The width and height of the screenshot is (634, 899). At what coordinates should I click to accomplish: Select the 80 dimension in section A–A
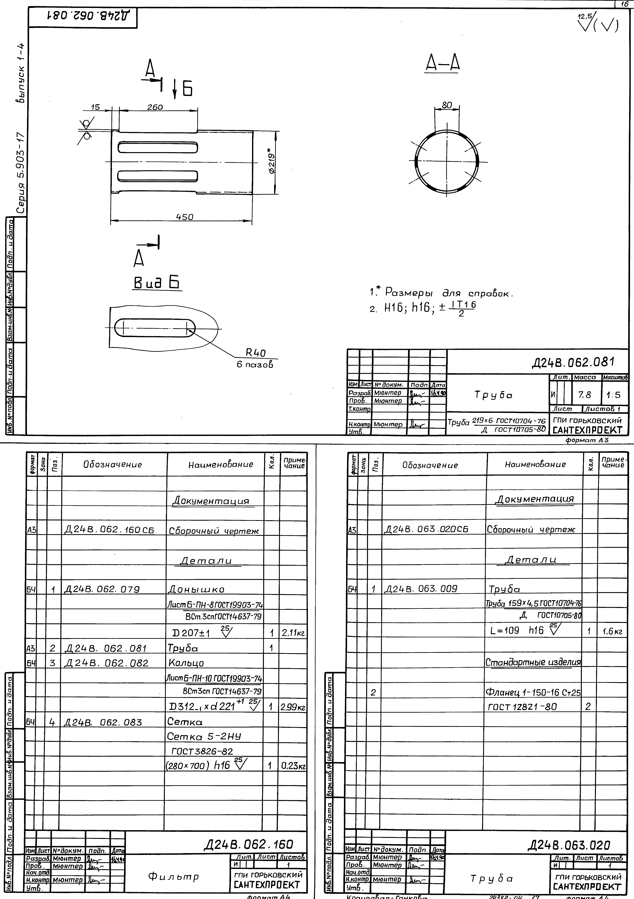point(447,105)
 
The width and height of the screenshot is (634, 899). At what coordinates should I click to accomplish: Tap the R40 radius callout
point(256,353)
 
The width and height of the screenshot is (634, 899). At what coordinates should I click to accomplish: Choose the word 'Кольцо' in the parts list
point(186,663)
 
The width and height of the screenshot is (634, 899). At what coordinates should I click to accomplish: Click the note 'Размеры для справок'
point(449,293)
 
